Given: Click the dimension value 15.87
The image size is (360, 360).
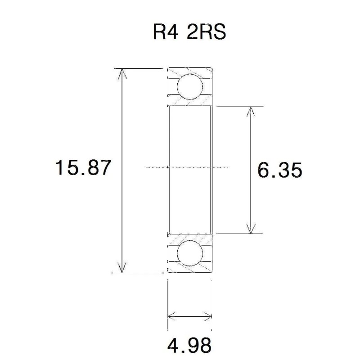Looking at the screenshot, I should (x=82, y=168).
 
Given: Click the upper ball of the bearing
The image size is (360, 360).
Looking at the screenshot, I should (x=189, y=87).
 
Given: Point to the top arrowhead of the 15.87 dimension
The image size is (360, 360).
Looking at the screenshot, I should (x=121, y=72).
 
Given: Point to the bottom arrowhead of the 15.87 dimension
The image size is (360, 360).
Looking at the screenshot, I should (x=121, y=269).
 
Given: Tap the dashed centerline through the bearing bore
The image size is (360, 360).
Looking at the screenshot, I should (x=189, y=166).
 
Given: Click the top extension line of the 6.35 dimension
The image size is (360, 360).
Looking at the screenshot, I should (x=238, y=107).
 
